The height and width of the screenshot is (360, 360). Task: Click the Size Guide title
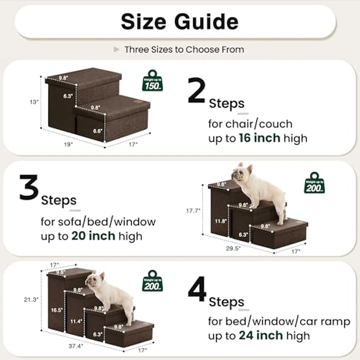(179, 22)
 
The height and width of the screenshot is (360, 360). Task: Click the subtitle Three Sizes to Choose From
(184, 50)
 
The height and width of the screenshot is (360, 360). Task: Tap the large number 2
(197, 92)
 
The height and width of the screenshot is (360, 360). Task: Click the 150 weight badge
(153, 81)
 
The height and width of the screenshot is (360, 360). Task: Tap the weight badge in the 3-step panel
(314, 183)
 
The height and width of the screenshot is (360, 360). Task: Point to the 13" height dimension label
(34, 102)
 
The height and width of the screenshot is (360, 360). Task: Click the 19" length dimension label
(69, 145)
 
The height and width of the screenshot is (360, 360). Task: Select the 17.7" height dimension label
(193, 211)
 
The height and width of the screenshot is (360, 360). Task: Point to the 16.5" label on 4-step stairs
(56, 311)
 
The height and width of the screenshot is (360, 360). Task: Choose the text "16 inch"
(259, 138)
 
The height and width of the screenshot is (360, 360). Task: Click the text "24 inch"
(261, 336)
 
